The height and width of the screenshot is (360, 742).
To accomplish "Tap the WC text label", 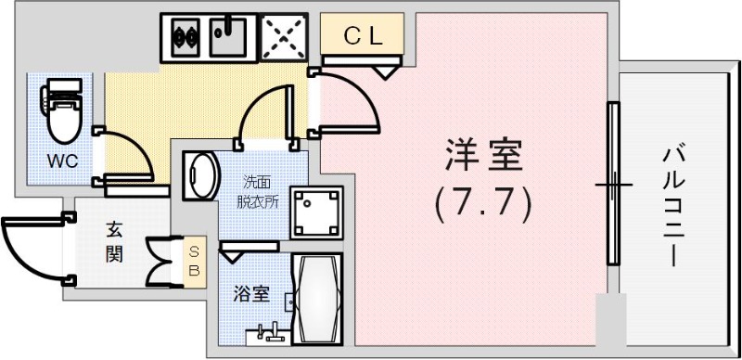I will pyautogui.click(x=63, y=161).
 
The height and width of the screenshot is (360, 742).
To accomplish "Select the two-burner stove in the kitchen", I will pyautogui.click(x=182, y=38).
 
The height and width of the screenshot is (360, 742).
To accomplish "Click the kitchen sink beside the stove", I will pyautogui.click(x=227, y=37).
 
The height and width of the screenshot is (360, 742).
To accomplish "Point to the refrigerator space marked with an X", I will pyautogui.click(x=283, y=38).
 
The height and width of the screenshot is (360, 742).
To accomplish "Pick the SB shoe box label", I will pyautogui.click(x=194, y=261).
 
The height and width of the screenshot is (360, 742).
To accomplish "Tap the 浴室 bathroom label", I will pyautogui.click(x=250, y=295).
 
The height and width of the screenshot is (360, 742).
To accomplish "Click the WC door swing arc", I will pyautogui.click(x=125, y=153).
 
